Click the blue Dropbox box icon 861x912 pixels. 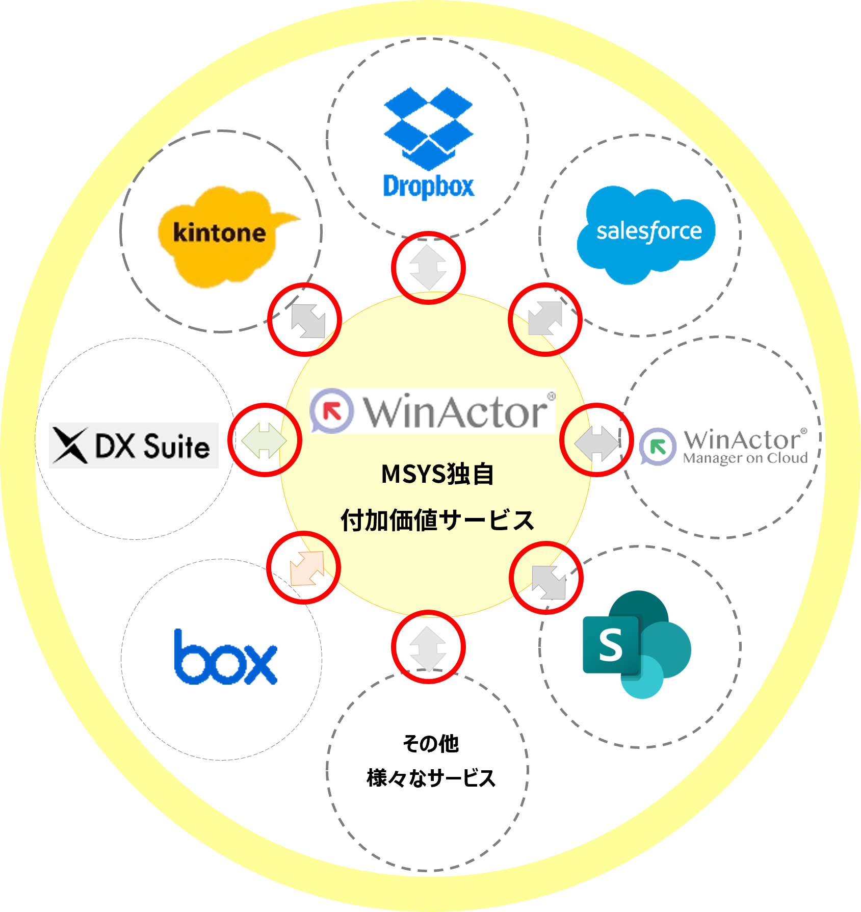click(x=428, y=127)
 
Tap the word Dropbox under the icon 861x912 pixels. click(x=428, y=187)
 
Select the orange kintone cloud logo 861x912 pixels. click(x=224, y=234)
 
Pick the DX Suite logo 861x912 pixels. click(x=134, y=445)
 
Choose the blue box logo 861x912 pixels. click(x=225, y=659)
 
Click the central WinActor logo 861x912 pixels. click(x=432, y=411)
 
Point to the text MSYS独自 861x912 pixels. click(x=437, y=474)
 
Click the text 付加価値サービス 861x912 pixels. click(x=437, y=520)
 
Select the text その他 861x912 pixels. click(x=431, y=744)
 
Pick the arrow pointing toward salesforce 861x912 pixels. click(x=545, y=319)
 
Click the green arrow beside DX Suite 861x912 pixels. click(x=264, y=440)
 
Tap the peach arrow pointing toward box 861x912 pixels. click(x=307, y=568)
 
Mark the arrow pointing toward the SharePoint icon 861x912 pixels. click(x=549, y=582)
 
